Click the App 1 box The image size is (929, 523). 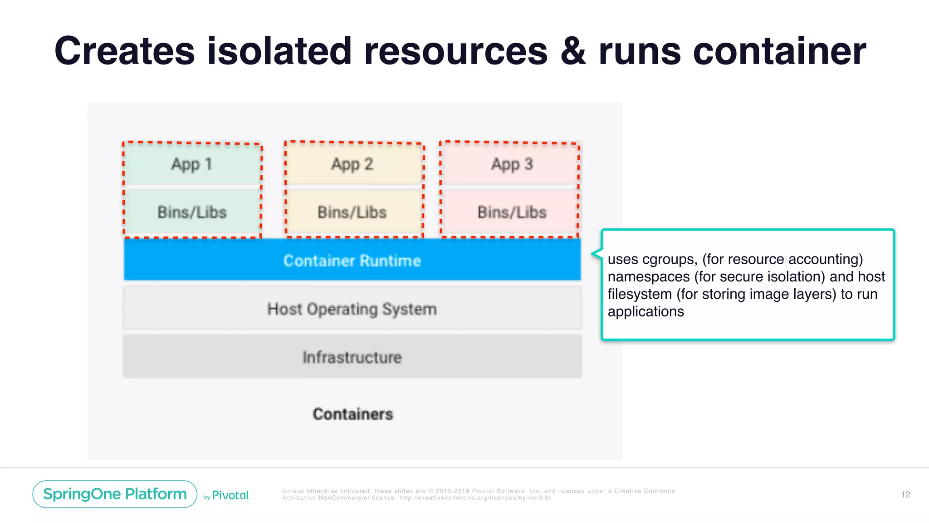coord(192,164)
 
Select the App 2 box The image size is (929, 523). coord(352,164)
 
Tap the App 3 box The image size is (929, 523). coord(512,164)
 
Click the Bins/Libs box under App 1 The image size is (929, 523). coord(192,212)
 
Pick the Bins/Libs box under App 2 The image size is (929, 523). coord(352,212)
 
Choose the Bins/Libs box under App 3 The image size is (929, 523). coord(512,212)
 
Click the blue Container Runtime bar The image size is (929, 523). coord(352,260)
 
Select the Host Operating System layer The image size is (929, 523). coord(352,309)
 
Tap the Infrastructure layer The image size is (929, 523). coord(352,357)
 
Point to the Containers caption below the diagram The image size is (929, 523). coord(353,414)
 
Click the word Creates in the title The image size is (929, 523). coord(124,51)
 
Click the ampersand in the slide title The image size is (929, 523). coord(573,51)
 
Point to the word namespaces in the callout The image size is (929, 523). coord(649,276)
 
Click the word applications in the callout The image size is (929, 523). coord(645,311)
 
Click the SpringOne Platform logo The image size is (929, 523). coord(115,494)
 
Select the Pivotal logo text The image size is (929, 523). coord(230,495)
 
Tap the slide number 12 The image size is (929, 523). coord(905,494)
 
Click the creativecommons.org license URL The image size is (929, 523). coord(474,498)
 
